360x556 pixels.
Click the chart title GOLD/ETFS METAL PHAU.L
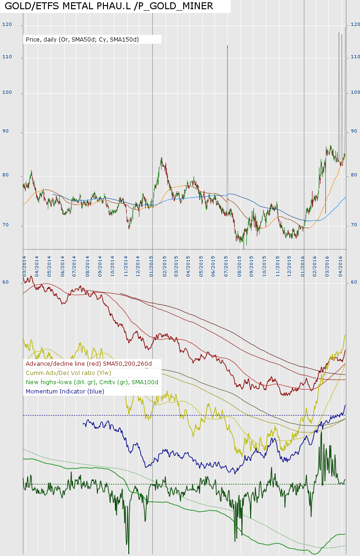(x=109, y=6)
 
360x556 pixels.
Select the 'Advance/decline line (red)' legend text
(x=89, y=364)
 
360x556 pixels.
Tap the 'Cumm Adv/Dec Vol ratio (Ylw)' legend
(x=68, y=373)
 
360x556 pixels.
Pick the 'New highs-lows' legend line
(x=92, y=382)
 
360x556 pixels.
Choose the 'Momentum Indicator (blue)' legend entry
(x=65, y=392)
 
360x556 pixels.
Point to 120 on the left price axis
(x=7, y=24)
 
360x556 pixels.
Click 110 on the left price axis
(x=7, y=57)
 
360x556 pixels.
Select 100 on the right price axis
(x=355, y=93)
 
